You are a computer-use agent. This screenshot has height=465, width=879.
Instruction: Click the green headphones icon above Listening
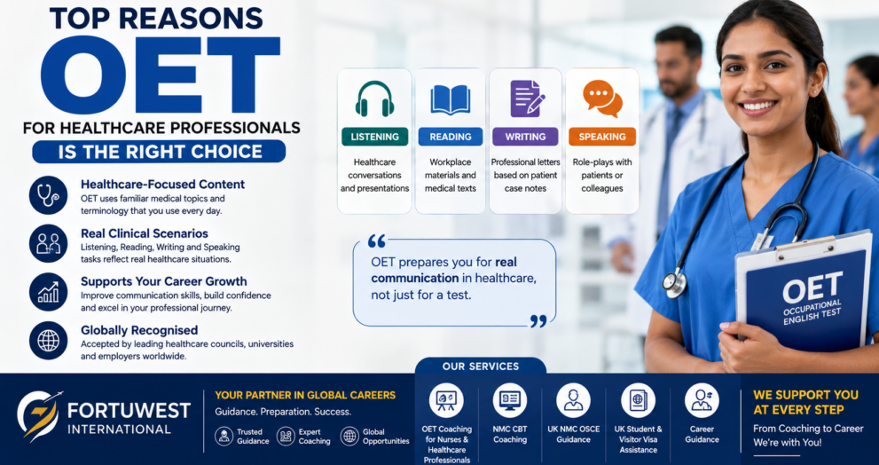[374, 99]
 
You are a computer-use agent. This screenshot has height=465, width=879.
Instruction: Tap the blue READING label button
[451, 137]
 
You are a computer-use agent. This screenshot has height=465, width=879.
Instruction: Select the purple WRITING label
[525, 137]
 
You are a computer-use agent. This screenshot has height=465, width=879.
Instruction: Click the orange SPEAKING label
[602, 137]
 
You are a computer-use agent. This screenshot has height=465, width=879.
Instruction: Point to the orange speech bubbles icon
[602, 99]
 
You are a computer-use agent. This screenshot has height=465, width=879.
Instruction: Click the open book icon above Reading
[451, 100]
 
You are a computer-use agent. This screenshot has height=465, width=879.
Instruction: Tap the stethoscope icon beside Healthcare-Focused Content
[48, 194]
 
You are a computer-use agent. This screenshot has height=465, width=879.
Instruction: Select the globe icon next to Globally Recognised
[48, 341]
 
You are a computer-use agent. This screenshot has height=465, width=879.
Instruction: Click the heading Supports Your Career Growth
[164, 281]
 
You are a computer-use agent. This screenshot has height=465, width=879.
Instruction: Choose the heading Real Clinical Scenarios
[144, 233]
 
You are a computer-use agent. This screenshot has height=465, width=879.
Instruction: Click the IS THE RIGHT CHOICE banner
[159, 152]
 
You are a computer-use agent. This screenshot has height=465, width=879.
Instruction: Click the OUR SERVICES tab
[481, 366]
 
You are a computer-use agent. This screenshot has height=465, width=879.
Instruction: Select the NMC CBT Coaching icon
[510, 400]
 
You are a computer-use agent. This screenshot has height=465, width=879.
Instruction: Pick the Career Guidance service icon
[702, 400]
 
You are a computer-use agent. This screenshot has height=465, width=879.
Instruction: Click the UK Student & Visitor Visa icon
[638, 400]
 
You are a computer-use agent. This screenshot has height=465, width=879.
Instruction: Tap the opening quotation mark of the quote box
[377, 241]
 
